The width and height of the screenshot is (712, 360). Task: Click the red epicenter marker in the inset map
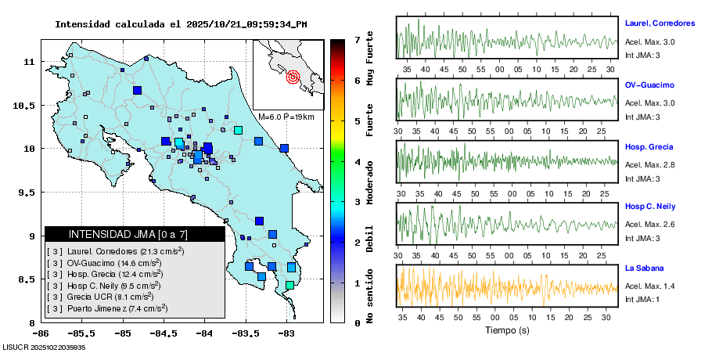(x=293, y=77)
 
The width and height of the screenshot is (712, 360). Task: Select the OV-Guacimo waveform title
(x=649, y=85)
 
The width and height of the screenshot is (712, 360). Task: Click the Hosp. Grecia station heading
(x=649, y=147)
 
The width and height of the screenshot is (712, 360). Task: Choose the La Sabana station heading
(x=645, y=268)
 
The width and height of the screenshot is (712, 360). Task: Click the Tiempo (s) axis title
(x=507, y=330)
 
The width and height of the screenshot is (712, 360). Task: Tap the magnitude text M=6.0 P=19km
(x=286, y=117)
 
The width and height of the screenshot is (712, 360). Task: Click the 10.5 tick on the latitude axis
(x=25, y=106)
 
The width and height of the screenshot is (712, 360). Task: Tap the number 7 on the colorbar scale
(x=357, y=39)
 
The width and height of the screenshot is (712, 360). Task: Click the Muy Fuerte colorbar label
(x=370, y=59)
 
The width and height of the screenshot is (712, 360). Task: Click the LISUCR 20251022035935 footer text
(x=44, y=347)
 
